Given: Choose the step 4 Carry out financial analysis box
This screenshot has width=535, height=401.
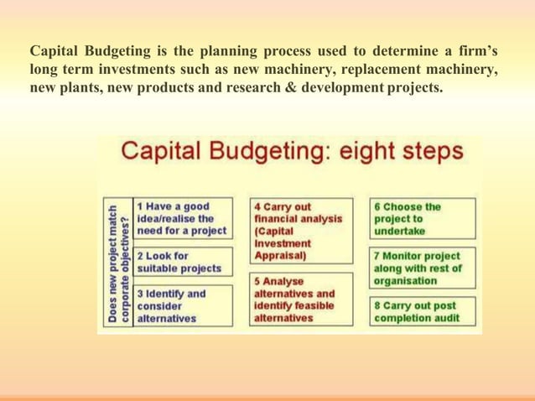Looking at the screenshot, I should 299,231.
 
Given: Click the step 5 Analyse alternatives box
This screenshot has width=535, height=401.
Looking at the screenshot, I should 299,299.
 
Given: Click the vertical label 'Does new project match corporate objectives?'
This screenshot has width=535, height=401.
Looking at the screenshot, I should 118,262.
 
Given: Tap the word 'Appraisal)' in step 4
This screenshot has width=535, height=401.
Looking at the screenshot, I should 279,254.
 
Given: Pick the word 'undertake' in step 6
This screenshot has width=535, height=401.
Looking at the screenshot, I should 399,231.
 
